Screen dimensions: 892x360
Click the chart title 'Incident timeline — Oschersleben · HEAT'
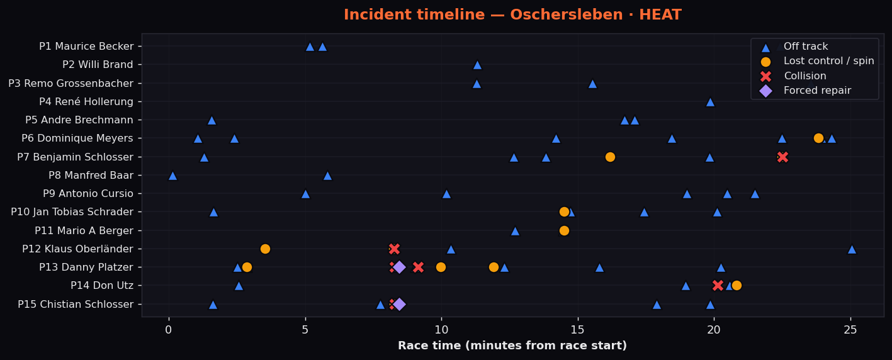[512, 14]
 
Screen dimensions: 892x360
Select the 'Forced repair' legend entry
[817, 91]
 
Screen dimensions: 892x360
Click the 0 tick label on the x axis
[169, 330]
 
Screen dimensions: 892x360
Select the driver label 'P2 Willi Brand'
[98, 65]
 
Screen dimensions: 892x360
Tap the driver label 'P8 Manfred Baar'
[91, 175]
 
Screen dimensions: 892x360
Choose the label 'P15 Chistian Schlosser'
[76, 304]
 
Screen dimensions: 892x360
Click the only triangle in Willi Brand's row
[477, 65]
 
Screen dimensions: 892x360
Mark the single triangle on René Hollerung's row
[710, 103]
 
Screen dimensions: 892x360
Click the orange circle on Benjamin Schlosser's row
[610, 157]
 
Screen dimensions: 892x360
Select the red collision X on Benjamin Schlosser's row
[782, 157]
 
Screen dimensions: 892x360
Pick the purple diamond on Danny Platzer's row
[399, 267]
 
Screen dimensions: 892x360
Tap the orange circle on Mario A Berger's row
[564, 230]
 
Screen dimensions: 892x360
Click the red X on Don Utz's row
[718, 286]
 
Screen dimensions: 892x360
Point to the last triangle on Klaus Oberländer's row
[852, 250]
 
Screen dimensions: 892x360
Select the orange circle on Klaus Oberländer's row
[265, 249]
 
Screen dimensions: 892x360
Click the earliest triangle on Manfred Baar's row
[172, 176]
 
